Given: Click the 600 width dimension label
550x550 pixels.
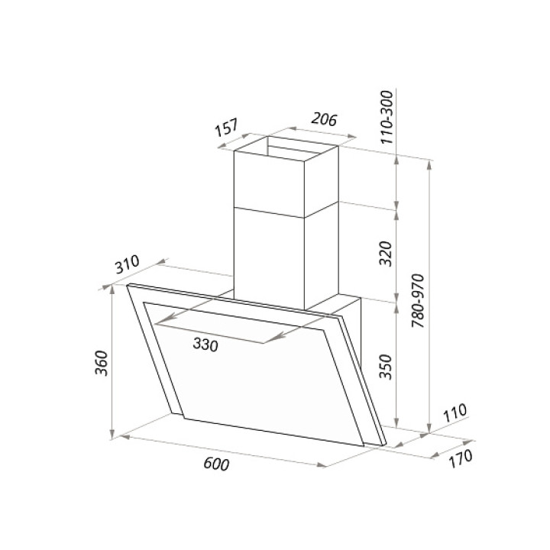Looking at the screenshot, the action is [x=216, y=464].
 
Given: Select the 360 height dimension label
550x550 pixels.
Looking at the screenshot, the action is [x=102, y=363].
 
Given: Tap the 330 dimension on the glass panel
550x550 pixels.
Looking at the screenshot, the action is [x=205, y=345].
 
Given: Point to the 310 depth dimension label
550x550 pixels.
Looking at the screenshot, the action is [x=128, y=264].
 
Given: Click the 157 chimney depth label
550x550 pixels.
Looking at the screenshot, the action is [x=227, y=128].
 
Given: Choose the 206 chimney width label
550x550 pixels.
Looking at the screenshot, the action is [x=324, y=119].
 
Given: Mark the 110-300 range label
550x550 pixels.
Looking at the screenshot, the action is [x=387, y=117].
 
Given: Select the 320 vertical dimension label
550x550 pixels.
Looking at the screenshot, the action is [x=387, y=254].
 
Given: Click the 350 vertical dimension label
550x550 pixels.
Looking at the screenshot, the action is [x=387, y=367].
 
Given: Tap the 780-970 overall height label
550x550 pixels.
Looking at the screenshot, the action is [x=418, y=301].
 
